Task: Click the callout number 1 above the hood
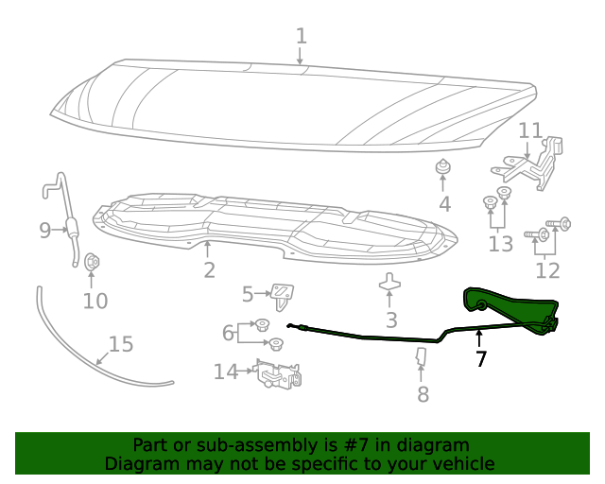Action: tap(301, 37)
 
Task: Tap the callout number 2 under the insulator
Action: tap(209, 270)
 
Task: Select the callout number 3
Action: tap(390, 320)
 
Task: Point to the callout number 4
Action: tap(443, 203)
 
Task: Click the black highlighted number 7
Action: tap(482, 358)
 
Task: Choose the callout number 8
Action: tap(423, 393)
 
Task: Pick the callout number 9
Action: tap(44, 230)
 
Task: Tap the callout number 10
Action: tap(95, 301)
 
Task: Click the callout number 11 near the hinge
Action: tap(530, 130)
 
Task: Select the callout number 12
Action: tap(547, 270)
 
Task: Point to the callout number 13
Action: tap(500, 244)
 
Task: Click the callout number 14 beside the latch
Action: tap(225, 372)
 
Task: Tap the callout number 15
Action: tap(121, 344)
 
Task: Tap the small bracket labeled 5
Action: tap(281, 294)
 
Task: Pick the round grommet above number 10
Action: tap(92, 262)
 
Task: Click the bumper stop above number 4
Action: tap(441, 168)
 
